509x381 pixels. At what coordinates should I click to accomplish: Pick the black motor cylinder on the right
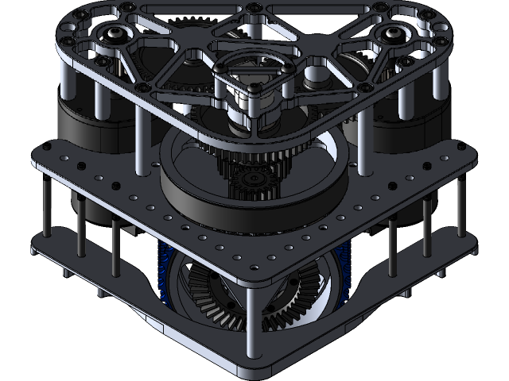[406, 127]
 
